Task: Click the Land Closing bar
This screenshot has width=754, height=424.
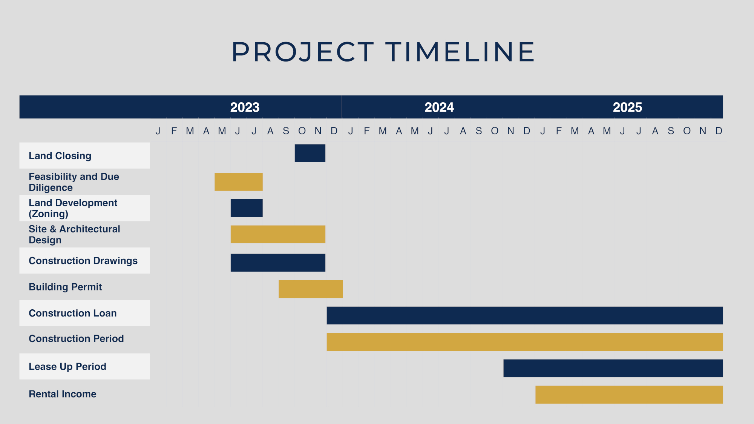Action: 310,153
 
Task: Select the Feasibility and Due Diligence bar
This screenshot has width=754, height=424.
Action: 239,182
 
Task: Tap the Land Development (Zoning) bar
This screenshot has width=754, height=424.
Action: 247,208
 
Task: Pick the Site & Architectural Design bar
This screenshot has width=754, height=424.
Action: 278,234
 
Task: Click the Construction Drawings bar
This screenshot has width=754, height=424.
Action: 278,263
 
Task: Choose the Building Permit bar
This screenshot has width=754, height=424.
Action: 311,289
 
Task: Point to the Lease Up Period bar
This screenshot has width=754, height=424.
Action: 613,368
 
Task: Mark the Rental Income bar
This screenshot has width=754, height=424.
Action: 629,395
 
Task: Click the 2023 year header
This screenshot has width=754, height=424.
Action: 245,107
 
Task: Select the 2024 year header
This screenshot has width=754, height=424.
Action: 439,107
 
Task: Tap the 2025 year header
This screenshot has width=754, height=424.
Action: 627,107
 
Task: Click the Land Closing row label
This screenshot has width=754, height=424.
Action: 60,156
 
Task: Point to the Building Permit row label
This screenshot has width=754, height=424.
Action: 65,287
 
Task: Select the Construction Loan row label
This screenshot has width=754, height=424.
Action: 73,313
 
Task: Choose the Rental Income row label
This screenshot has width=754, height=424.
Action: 63,394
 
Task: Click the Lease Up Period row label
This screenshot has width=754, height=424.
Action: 67,367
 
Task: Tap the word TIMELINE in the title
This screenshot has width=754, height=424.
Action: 460,52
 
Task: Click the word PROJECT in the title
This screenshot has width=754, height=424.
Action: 303,52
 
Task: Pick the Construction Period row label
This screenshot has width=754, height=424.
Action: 76,339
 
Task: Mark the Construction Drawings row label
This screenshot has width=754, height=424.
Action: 83,261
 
